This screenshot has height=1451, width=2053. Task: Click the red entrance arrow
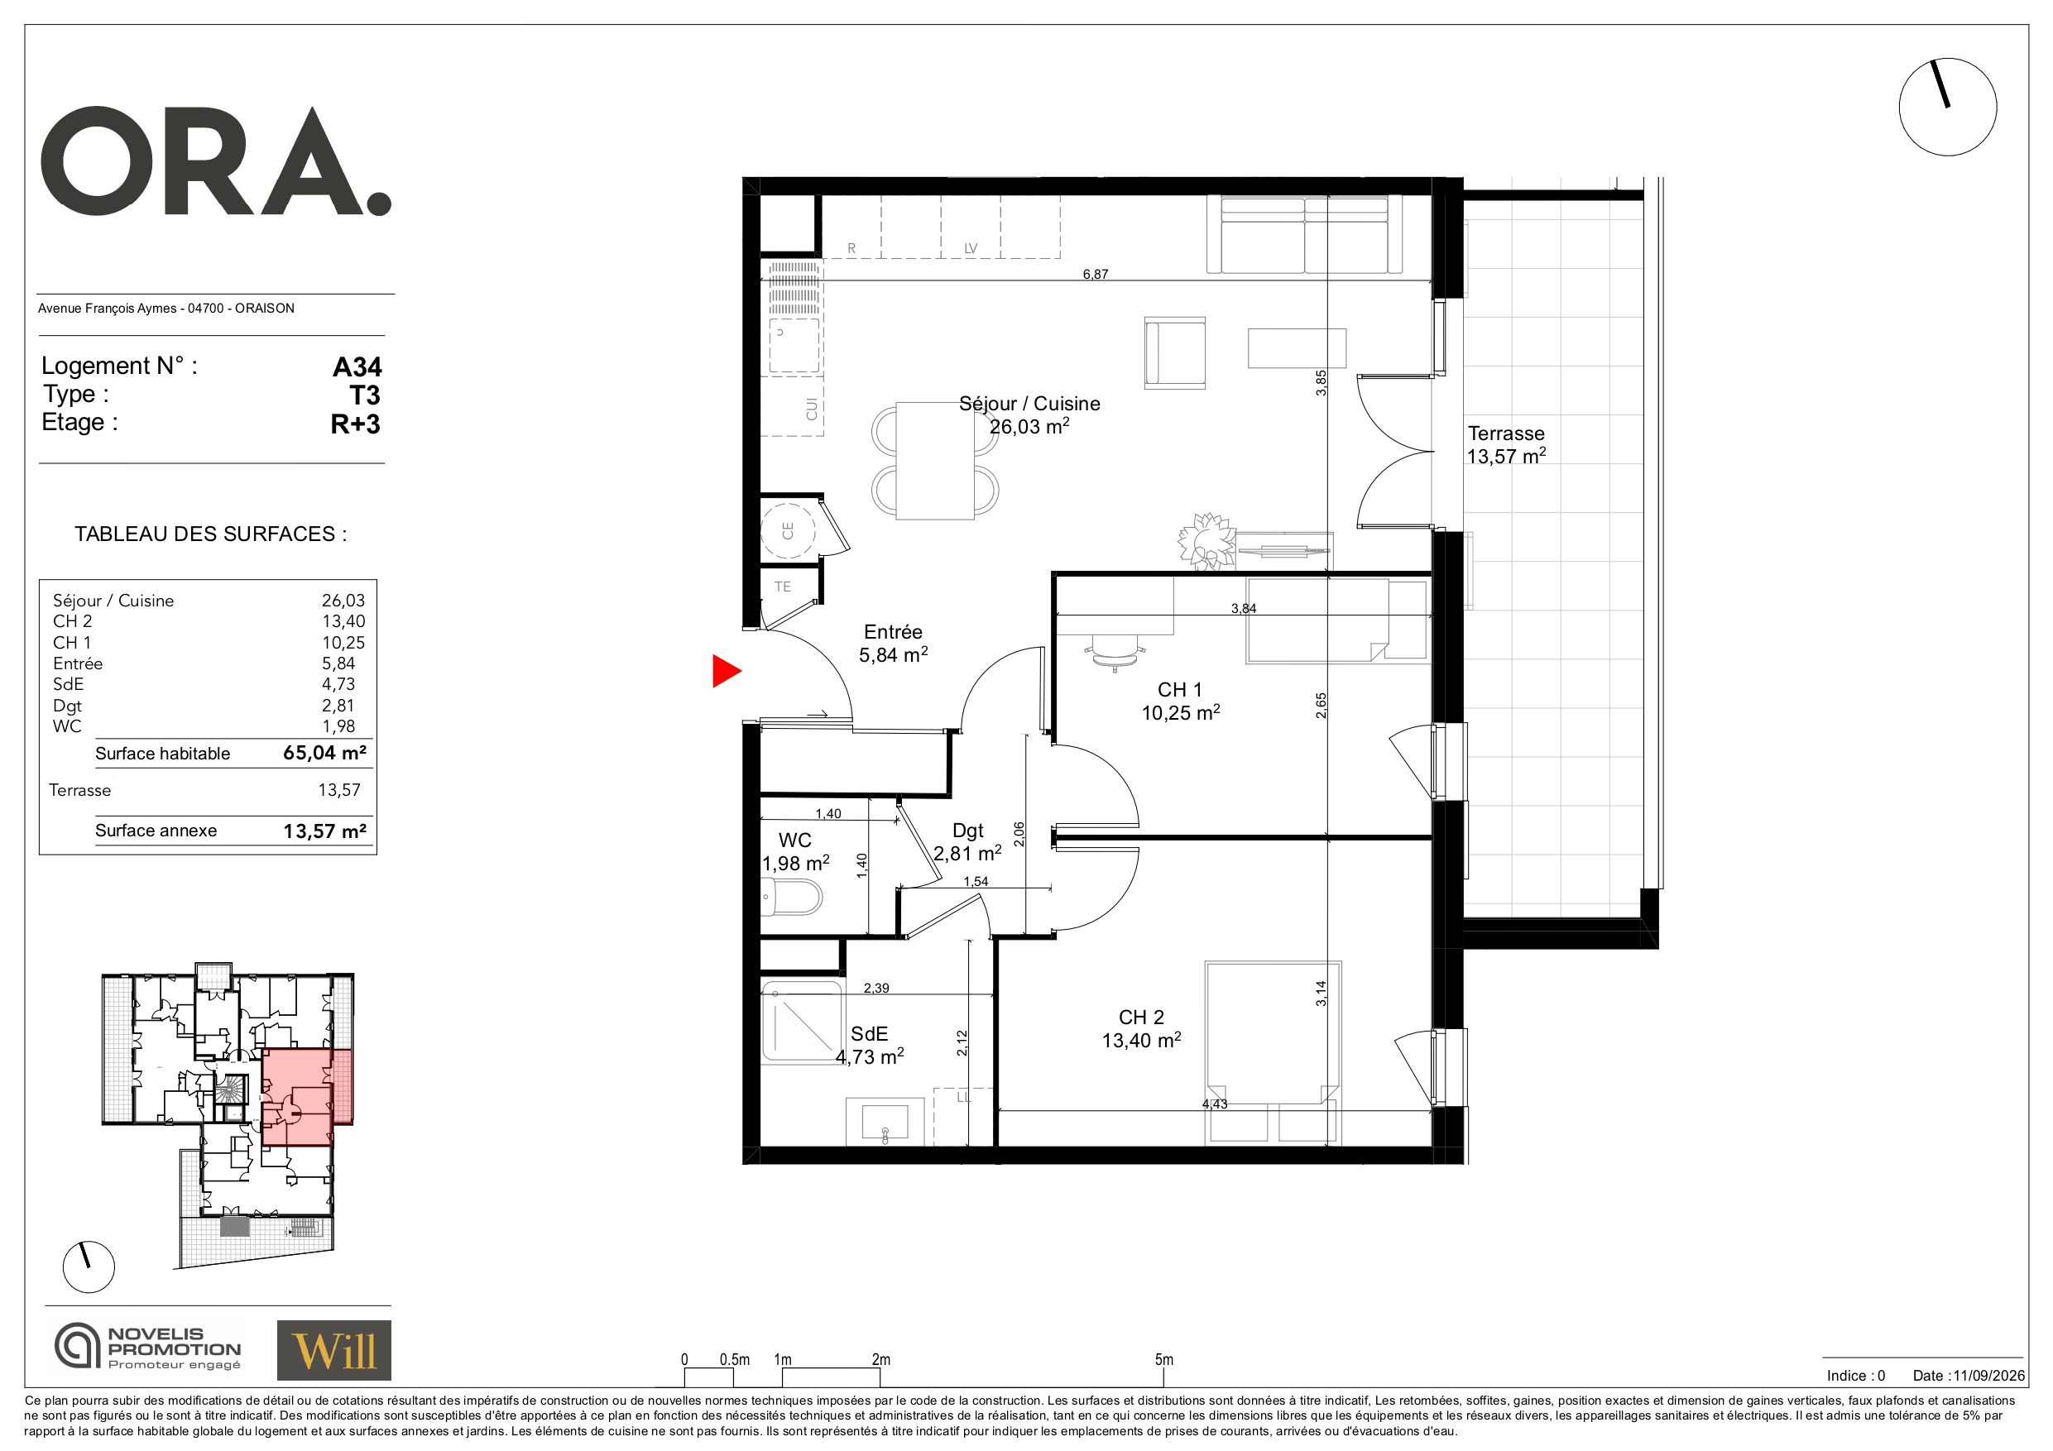[725, 672]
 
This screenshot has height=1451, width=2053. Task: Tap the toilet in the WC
[790, 897]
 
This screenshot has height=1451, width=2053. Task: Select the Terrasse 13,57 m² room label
[1507, 445]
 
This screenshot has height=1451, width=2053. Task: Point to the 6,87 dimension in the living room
[1096, 275]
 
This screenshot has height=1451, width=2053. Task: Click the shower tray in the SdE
[802, 1021]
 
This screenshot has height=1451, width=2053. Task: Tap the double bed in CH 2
[1273, 1033]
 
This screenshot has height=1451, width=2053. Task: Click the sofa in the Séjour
[1305, 234]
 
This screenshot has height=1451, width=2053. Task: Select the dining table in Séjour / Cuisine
[935, 461]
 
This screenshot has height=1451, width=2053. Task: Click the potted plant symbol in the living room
[1207, 541]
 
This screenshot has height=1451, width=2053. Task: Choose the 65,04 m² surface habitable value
[324, 753]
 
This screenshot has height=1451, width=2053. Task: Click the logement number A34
[357, 366]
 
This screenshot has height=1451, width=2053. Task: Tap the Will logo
[333, 1350]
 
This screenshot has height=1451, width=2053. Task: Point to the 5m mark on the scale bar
[1164, 1360]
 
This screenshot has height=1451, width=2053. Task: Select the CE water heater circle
[788, 530]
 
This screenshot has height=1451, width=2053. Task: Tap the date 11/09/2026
[1988, 1376]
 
